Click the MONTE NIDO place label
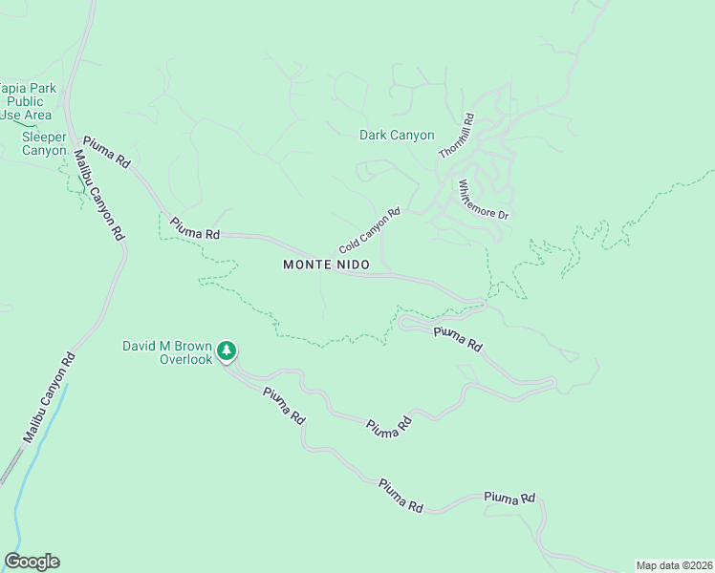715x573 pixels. click(x=326, y=265)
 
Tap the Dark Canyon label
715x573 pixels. click(x=397, y=136)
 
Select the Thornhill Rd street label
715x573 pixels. click(x=456, y=136)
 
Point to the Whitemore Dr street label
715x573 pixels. click(x=483, y=200)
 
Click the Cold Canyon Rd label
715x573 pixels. click(x=368, y=231)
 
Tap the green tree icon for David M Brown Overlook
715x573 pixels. click(x=227, y=350)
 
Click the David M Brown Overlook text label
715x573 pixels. click(x=172, y=352)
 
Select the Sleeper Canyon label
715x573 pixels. click(x=44, y=143)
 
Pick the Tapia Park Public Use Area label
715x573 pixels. click(x=29, y=101)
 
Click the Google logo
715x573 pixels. click(x=32, y=562)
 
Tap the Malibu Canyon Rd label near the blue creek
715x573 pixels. click(x=49, y=398)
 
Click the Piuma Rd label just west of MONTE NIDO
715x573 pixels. click(x=195, y=228)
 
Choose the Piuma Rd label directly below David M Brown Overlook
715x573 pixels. click(x=284, y=405)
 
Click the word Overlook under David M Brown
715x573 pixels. click(x=185, y=360)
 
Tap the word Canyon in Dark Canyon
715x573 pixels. click(x=413, y=136)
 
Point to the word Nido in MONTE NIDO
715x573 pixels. click(x=351, y=265)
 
